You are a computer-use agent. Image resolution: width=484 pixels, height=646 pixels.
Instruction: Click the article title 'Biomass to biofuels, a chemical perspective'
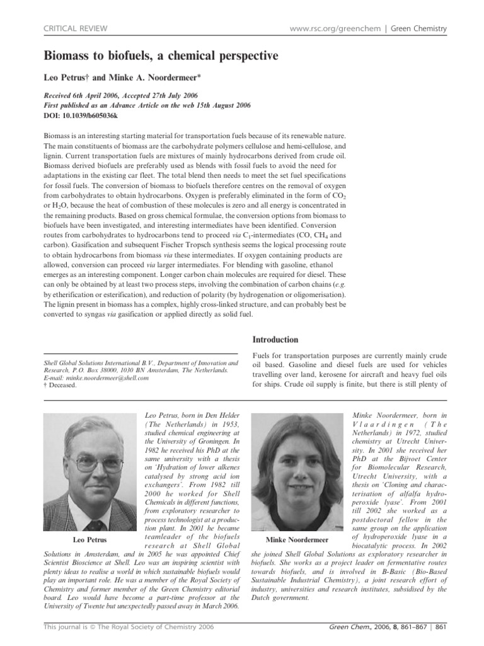[161, 56]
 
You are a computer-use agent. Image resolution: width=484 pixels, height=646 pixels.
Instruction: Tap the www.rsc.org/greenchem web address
[331, 28]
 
